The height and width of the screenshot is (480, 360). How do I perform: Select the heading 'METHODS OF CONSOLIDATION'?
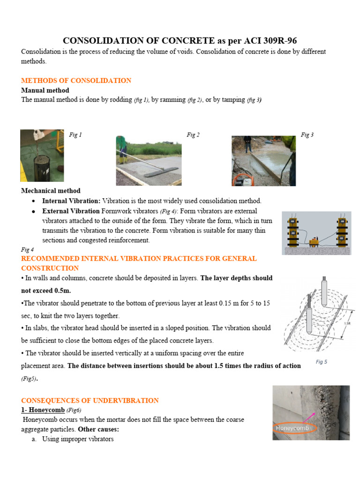tap(76, 81)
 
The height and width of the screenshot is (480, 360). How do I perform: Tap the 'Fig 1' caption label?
tap(75, 135)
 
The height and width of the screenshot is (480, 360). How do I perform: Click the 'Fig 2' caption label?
tap(193, 135)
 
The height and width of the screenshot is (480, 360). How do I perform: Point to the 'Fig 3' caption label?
tap(307, 135)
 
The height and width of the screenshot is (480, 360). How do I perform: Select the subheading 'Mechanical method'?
tap(51, 191)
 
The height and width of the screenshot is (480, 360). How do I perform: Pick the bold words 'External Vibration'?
tap(71, 211)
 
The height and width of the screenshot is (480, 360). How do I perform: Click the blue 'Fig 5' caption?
tap(321, 362)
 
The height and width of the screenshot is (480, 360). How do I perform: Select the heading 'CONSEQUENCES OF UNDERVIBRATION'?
tap(90, 400)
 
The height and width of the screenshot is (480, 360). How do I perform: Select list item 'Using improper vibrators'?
tap(78, 439)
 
